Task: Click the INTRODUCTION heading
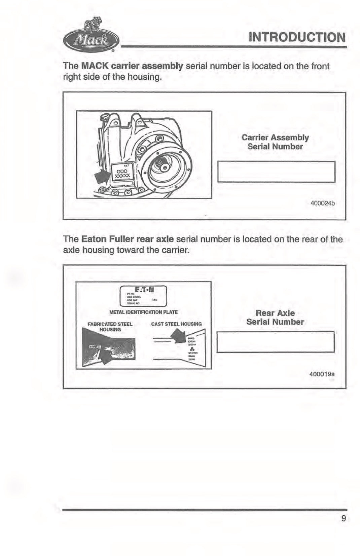click(x=297, y=37)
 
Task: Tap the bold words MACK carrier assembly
click(x=132, y=66)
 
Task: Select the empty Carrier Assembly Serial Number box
click(x=276, y=172)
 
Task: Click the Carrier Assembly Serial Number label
click(x=275, y=142)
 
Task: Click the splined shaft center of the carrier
click(x=165, y=166)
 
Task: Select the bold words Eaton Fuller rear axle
click(x=128, y=239)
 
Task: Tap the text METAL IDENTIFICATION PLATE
click(x=144, y=312)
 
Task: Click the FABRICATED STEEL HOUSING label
click(x=110, y=327)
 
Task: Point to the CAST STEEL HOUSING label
click(x=176, y=324)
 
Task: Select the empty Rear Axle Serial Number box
click(x=275, y=342)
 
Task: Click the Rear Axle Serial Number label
click(x=275, y=317)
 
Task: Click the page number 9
click(x=343, y=518)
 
